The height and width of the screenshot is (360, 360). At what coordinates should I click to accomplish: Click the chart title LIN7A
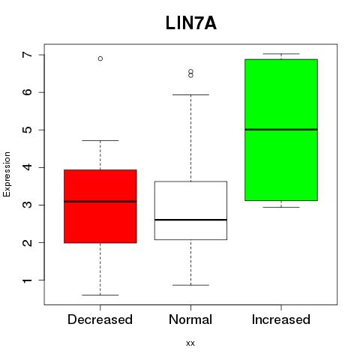pyautogui.click(x=191, y=23)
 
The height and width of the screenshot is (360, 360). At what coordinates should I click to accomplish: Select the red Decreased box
pyautogui.click(x=100, y=206)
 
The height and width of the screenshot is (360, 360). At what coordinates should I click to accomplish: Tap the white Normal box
pyautogui.click(x=190, y=211)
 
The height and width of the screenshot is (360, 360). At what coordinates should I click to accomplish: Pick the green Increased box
pyautogui.click(x=281, y=130)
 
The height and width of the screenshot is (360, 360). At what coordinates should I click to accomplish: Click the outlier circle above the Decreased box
pyautogui.click(x=100, y=58)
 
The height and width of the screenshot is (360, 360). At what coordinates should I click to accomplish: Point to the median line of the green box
pyautogui.click(x=281, y=130)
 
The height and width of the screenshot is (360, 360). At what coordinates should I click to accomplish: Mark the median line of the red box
pyautogui.click(x=100, y=202)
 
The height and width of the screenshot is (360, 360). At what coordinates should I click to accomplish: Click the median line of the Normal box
pyautogui.click(x=190, y=220)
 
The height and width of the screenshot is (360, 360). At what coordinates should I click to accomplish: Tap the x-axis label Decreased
pyautogui.click(x=100, y=319)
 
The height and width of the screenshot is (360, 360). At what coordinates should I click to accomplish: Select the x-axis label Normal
pyautogui.click(x=190, y=319)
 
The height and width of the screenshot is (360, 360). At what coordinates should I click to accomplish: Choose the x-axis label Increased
pyautogui.click(x=281, y=319)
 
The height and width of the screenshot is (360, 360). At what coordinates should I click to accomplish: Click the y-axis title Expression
pyautogui.click(x=7, y=174)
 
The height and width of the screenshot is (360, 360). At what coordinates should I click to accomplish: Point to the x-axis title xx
pyautogui.click(x=190, y=343)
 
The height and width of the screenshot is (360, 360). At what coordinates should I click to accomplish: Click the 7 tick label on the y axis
pyautogui.click(x=28, y=55)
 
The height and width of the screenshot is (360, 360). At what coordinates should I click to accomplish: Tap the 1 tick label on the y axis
pyautogui.click(x=28, y=280)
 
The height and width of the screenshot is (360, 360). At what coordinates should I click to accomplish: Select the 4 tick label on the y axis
pyautogui.click(x=28, y=167)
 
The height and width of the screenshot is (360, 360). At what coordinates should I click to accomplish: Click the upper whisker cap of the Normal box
pyautogui.click(x=190, y=94)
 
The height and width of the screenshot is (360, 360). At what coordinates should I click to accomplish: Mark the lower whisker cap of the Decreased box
pyautogui.click(x=100, y=295)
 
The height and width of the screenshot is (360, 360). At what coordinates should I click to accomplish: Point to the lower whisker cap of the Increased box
pyautogui.click(x=281, y=207)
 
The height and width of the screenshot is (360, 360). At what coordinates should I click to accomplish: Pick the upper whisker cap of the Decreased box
pyautogui.click(x=100, y=140)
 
